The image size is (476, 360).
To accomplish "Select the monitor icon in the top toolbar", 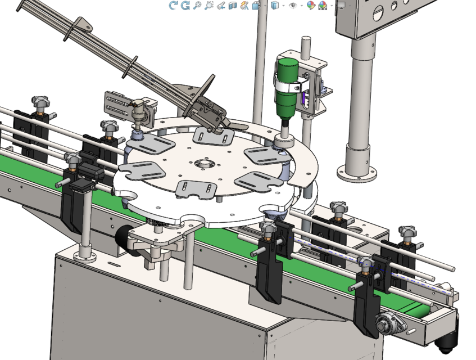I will (341, 6).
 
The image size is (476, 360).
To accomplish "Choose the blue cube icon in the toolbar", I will (275, 6).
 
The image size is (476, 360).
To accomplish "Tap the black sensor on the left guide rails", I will (84, 177).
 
